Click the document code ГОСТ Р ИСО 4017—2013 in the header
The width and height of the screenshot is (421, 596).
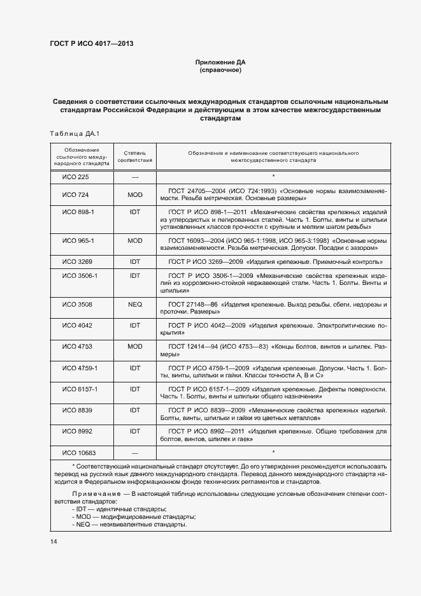(x=91, y=44)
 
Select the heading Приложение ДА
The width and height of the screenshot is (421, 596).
(x=220, y=62)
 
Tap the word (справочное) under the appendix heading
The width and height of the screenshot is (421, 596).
(x=220, y=70)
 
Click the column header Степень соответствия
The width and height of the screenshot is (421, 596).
(x=134, y=157)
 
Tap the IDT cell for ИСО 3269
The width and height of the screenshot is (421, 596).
(x=134, y=261)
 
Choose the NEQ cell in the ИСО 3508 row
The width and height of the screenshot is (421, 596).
(x=134, y=305)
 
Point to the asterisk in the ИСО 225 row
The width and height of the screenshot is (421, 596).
(x=273, y=177)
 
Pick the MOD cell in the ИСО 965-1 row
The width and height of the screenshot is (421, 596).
(x=134, y=240)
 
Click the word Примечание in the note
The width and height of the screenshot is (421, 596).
(x=96, y=493)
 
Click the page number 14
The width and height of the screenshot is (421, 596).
(x=54, y=541)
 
